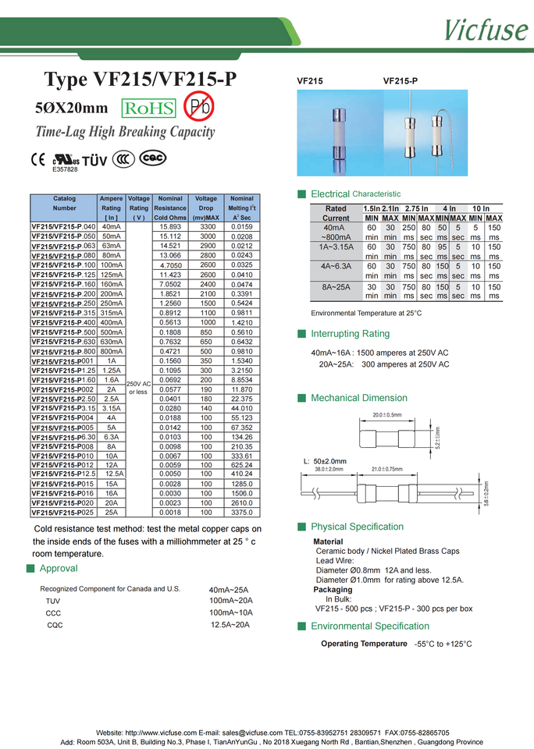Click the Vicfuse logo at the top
[486, 28]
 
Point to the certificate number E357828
[65, 169]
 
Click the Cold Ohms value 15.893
[170, 227]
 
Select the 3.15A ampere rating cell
[111, 408]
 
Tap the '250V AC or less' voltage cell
[138, 388]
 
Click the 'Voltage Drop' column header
[206, 208]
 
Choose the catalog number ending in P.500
[63, 332]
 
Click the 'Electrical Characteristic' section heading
[355, 193]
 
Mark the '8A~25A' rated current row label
[336, 288]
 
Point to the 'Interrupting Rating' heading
[350, 334]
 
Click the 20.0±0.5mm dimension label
[386, 414]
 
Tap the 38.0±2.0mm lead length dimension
[329, 469]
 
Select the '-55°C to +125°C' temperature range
[443, 644]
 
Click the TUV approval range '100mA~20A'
[231, 601]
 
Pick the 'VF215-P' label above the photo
[400, 80]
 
